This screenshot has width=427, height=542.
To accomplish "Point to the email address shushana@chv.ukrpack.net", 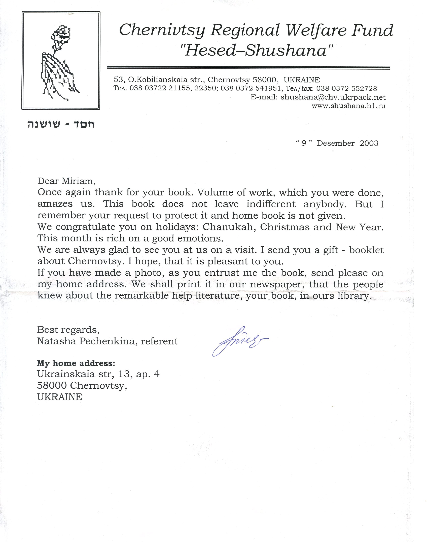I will click(x=333, y=97).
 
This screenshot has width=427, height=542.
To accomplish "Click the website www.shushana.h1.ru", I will click(x=348, y=106).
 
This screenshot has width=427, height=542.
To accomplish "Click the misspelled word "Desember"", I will click(x=336, y=143).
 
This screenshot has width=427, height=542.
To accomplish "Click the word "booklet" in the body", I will click(x=366, y=250).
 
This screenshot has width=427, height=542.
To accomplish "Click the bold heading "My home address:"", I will click(x=76, y=363).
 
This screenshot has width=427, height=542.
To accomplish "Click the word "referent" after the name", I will click(x=159, y=341).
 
